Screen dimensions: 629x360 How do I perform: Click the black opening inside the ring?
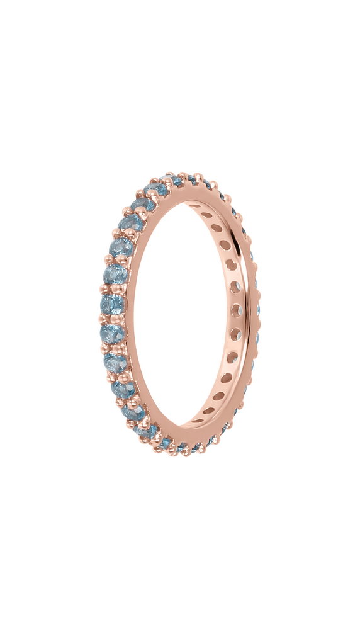pyautogui.click(x=183, y=315)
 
